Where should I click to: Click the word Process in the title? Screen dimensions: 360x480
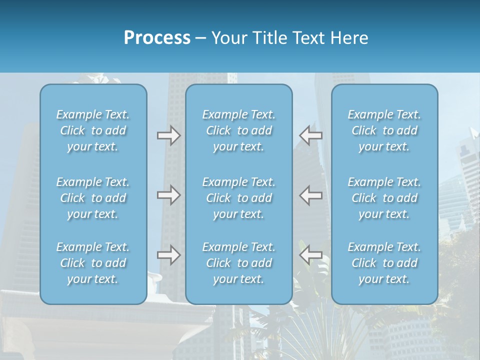click(157, 38)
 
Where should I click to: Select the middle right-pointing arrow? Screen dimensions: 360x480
click(168, 195)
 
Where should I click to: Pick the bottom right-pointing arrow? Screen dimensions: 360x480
click(168, 255)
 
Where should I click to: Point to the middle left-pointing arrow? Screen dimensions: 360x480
click(310, 195)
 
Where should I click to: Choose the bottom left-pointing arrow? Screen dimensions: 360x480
click(310, 255)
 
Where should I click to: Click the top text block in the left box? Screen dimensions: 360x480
click(93, 130)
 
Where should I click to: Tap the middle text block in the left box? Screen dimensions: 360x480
click(93, 198)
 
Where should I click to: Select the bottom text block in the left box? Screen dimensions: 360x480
click(93, 263)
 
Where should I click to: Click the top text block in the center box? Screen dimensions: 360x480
click(239, 130)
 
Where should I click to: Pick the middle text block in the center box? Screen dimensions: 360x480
click(239, 198)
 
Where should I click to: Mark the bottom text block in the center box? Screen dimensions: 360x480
click(239, 263)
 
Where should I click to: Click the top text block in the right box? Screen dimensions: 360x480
click(384, 130)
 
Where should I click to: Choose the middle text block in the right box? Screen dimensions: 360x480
click(384, 198)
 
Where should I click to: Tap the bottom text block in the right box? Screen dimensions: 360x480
click(384, 263)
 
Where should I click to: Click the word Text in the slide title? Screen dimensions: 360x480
click(309, 38)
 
